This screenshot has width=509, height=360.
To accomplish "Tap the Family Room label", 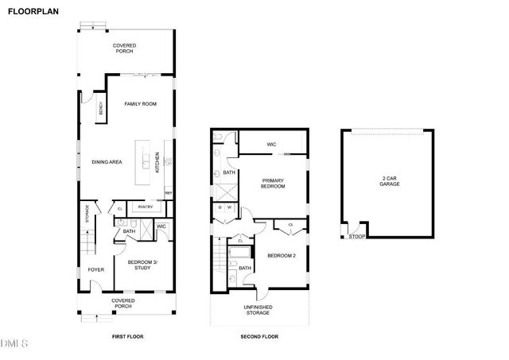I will click(140, 104).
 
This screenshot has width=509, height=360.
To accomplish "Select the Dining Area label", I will click(106, 162).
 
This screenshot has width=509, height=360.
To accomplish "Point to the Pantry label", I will click(145, 207).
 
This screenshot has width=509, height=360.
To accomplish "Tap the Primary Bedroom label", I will click(273, 184).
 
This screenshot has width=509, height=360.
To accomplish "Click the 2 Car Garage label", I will click(389, 181).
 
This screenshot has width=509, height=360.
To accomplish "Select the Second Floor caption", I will click(260, 337).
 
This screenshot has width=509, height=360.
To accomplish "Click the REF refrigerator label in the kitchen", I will click(169, 193).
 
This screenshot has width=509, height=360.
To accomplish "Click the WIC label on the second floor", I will click(271, 144).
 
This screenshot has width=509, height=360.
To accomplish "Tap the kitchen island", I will click(146, 164).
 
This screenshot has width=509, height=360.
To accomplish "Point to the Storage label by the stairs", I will click(87, 214).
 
